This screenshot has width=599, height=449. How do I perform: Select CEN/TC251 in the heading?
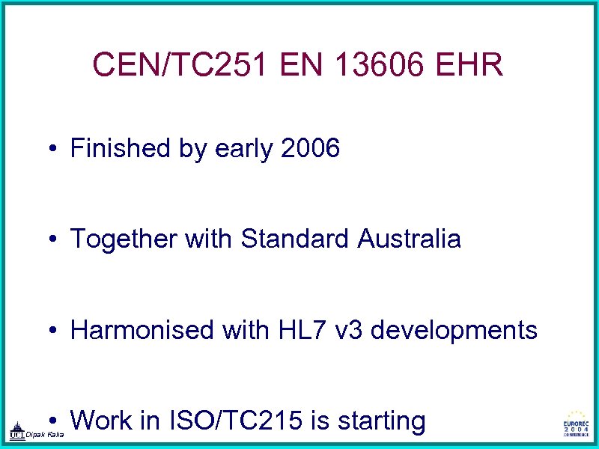pyautogui.click(x=181, y=66)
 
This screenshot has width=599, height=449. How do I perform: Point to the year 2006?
pyautogui.click(x=310, y=148)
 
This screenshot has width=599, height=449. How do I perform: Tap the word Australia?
pyautogui.click(x=410, y=239)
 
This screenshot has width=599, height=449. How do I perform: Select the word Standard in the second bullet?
pyautogui.click(x=296, y=239)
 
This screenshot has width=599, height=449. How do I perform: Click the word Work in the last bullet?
pyautogui.click(x=101, y=421)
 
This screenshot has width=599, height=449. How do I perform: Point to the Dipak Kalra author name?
pyautogui.click(x=45, y=435)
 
